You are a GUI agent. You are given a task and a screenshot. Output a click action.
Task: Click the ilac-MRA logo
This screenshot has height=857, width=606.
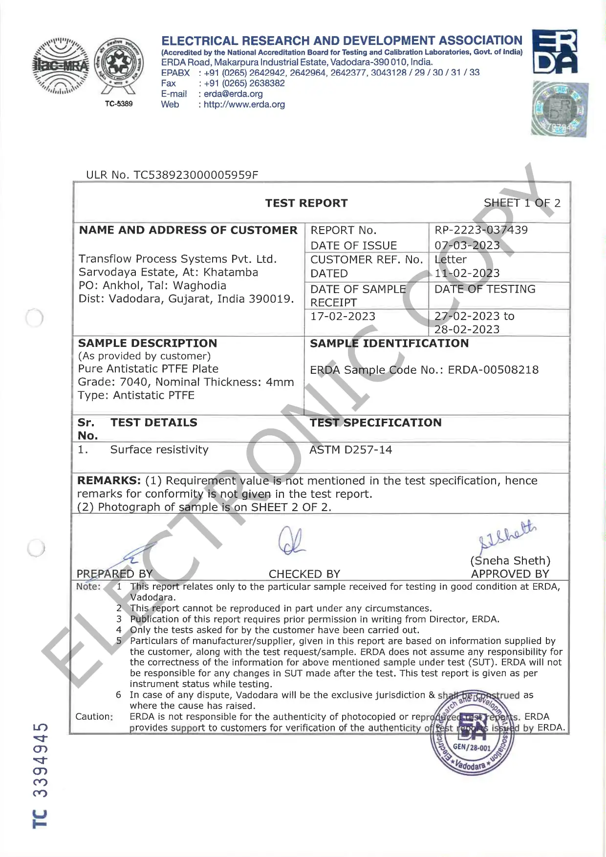[61, 65]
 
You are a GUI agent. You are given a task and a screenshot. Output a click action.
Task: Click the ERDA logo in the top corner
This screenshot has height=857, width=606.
[554, 51]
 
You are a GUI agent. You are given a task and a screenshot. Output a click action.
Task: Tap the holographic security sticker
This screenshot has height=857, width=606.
[560, 108]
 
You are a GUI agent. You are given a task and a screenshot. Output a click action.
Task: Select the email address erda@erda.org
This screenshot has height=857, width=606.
[233, 94]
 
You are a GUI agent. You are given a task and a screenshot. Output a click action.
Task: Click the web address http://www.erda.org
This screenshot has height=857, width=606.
[244, 105]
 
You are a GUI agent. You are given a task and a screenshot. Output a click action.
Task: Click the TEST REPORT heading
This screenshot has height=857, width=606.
[306, 203]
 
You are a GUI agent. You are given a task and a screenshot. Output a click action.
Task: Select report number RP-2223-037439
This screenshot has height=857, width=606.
[481, 230]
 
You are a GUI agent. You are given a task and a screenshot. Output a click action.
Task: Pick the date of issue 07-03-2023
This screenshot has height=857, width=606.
[467, 245]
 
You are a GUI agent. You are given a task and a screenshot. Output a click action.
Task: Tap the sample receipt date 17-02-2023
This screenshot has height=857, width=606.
[343, 317]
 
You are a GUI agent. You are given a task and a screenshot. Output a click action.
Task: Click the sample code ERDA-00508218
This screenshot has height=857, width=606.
[493, 370]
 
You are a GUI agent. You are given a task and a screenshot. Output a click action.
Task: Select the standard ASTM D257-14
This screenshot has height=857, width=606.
[350, 450]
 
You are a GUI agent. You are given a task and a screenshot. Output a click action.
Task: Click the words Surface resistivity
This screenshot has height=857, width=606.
[159, 450]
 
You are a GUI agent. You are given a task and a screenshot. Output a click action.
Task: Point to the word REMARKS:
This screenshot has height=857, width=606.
[109, 481]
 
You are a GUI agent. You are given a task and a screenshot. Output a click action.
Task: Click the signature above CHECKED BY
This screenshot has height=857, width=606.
[291, 541]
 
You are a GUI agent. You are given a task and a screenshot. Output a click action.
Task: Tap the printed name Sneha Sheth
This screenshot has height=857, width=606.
[510, 561]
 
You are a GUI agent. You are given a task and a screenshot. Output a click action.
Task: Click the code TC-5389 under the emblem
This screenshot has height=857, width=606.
[119, 104]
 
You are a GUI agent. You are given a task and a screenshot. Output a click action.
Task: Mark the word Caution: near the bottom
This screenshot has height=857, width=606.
[94, 717]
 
